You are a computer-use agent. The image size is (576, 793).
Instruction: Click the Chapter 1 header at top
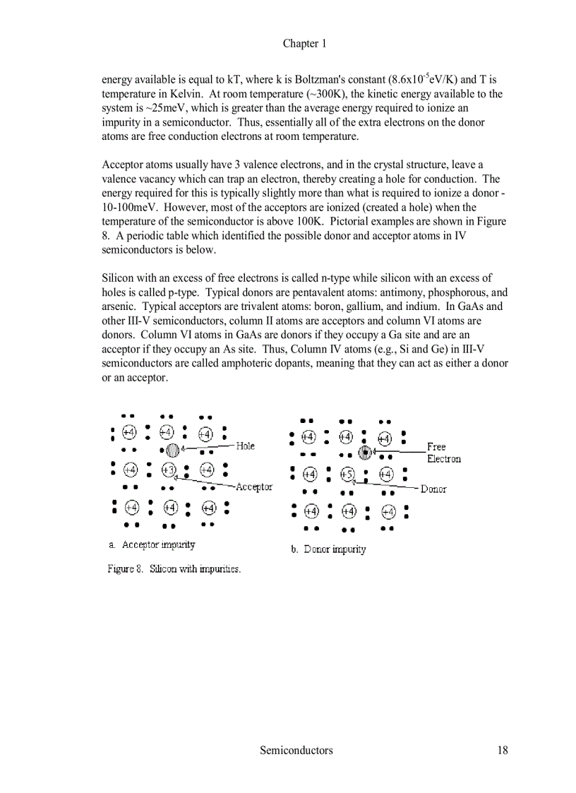(x=304, y=44)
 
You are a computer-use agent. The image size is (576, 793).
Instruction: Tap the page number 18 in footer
(x=501, y=750)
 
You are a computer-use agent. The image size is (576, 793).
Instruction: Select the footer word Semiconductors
(x=296, y=750)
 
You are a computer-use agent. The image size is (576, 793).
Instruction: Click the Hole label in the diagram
(x=245, y=446)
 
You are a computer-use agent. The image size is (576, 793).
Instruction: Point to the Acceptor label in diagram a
(x=253, y=487)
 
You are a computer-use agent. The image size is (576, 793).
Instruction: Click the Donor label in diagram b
(x=433, y=489)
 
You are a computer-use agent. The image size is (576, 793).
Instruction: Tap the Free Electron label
(x=443, y=453)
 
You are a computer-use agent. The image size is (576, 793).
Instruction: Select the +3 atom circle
(x=169, y=470)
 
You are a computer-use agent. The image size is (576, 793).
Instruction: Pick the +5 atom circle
(x=347, y=474)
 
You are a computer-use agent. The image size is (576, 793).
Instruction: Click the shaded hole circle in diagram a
(x=172, y=449)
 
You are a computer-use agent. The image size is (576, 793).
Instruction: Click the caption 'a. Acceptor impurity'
(x=152, y=544)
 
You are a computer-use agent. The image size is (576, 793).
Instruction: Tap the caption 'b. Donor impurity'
(x=328, y=549)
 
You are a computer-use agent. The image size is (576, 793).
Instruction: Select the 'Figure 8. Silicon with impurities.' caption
(x=174, y=568)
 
